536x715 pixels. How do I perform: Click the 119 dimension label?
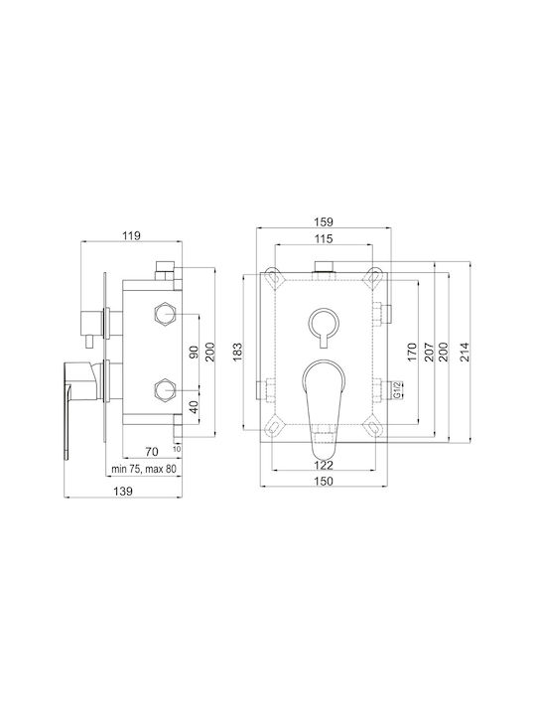pyautogui.click(x=131, y=235)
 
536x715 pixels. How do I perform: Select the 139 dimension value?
pyautogui.click(x=123, y=492)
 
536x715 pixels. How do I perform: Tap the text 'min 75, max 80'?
pyautogui.click(x=144, y=469)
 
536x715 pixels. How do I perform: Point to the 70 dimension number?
pyautogui.click(x=152, y=452)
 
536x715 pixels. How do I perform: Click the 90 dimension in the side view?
pyautogui.click(x=195, y=352)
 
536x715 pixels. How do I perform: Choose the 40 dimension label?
pyautogui.click(x=195, y=407)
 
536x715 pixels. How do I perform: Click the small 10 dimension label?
pyautogui.click(x=177, y=449)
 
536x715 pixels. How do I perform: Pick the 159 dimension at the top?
pyautogui.click(x=324, y=222)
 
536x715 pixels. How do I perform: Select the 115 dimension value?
pyautogui.click(x=324, y=238)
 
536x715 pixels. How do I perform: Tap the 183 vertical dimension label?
pyautogui.click(x=237, y=352)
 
